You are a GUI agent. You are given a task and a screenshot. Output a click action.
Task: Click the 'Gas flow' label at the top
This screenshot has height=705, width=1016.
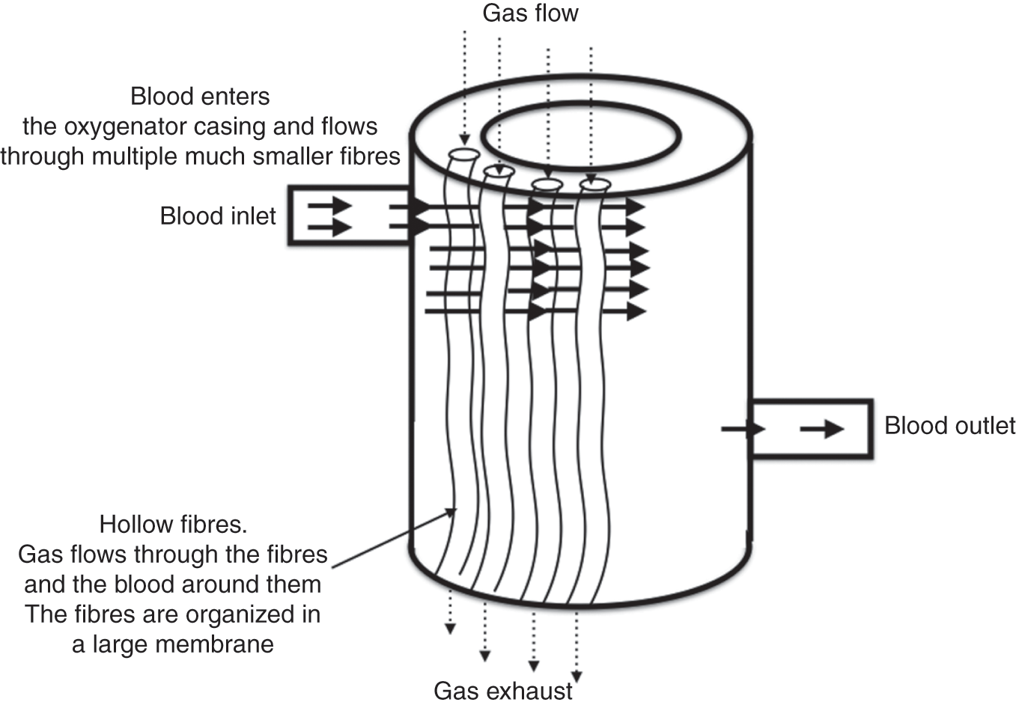(530, 13)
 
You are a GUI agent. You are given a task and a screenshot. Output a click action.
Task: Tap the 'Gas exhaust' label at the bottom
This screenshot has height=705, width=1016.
(503, 690)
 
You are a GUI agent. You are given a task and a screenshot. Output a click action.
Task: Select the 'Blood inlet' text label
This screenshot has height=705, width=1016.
(218, 216)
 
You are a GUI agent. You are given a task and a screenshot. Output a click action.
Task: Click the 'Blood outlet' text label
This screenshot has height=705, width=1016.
(949, 426)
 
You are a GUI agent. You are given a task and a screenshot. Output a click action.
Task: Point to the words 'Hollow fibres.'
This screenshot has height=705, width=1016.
(173, 524)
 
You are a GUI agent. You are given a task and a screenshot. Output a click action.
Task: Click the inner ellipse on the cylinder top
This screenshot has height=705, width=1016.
(580, 135)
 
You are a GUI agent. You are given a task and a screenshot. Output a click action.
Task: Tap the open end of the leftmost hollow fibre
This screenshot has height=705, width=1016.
(463, 155)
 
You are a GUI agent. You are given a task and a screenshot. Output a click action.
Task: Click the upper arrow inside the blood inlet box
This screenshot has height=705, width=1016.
(329, 204)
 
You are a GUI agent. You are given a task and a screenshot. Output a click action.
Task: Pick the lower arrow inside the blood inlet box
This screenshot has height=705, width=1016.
(329, 227)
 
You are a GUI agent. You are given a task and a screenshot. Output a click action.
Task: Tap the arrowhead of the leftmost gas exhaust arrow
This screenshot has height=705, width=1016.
(449, 628)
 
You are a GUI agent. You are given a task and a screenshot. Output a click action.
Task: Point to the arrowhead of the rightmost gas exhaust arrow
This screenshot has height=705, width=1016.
(577, 671)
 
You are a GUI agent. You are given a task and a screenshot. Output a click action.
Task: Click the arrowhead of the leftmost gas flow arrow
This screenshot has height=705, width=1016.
(463, 139)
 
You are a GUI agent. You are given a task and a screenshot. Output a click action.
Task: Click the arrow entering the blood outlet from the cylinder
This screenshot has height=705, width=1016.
(743, 429)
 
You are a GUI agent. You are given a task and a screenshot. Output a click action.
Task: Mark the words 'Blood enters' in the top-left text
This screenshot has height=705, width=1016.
(200, 97)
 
